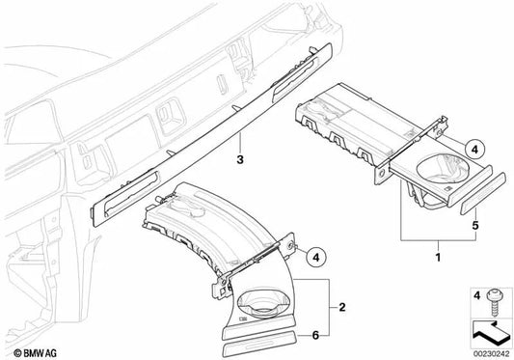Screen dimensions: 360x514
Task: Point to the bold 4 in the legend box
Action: point(474,292)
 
